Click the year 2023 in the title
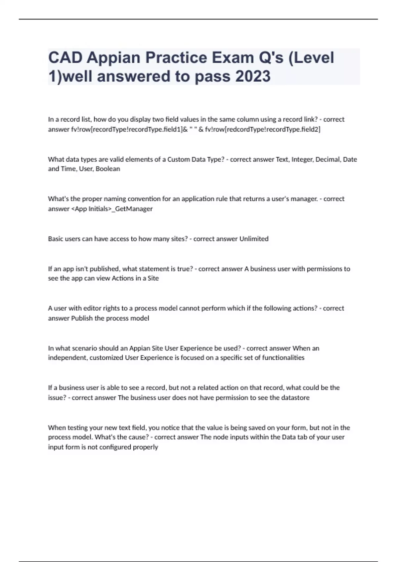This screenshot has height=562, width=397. [253, 76]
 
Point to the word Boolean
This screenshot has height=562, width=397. [108, 169]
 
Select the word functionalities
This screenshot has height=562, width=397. [283, 358]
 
